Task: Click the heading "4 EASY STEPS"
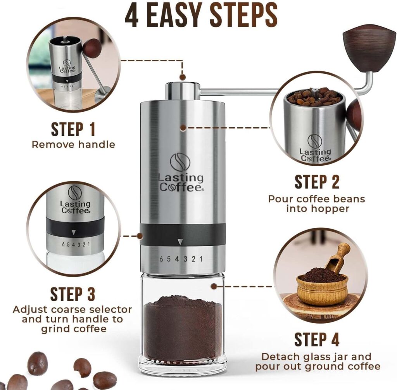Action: pyautogui.click(x=201, y=16)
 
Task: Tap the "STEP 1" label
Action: pyautogui.click(x=73, y=130)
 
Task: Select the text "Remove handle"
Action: pyautogui.click(x=73, y=145)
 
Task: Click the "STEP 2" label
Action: pyautogui.click(x=317, y=182)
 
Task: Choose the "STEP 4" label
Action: pyautogui.click(x=317, y=340)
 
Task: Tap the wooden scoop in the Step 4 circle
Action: pyautogui.click(x=338, y=258)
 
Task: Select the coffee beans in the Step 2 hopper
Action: pyautogui.click(x=314, y=97)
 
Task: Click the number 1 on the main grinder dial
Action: pyautogui.click(x=201, y=259)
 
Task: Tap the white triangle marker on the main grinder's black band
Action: pyautogui.click(x=180, y=243)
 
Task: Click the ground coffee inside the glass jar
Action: pyautogui.click(x=182, y=326)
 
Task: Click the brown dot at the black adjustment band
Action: pyautogui.click(x=140, y=235)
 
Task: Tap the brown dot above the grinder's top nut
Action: pyautogui.click(x=182, y=77)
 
